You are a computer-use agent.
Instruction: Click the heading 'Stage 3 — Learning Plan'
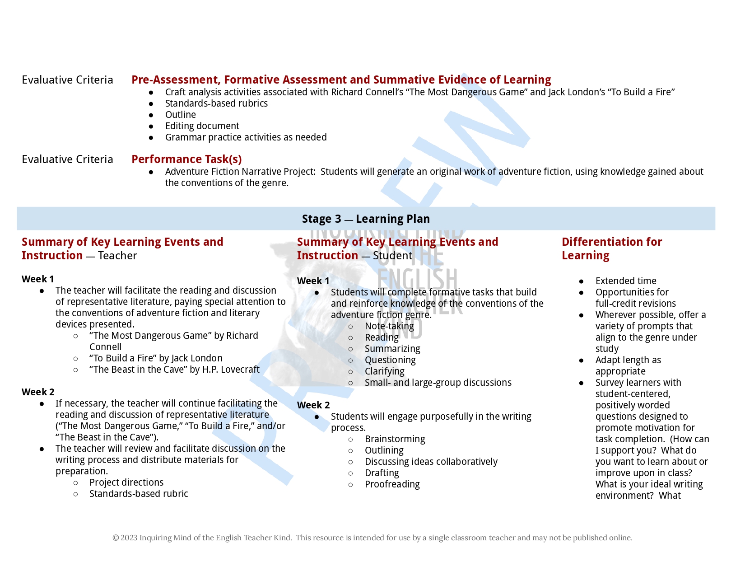point(366,219)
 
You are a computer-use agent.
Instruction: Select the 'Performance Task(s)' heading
point(186,159)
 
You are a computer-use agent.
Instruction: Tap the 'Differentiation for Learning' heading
point(612,248)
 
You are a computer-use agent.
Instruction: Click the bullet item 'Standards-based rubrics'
point(216,103)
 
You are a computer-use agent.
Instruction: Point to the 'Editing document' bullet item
point(202,126)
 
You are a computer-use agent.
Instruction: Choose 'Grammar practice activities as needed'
point(246,137)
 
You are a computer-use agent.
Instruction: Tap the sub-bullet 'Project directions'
point(126,482)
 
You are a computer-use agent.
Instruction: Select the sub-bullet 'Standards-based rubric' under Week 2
point(139,494)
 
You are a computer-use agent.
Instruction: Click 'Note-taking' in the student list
point(389,326)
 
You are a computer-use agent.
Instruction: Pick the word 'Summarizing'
point(392,349)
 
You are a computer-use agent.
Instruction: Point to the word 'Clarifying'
point(384,371)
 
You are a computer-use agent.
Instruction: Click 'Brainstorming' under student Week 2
point(395,439)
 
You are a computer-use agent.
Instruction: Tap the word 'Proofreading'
point(392,484)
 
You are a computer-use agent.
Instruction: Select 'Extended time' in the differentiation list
point(626,281)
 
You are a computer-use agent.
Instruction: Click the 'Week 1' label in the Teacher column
point(38,279)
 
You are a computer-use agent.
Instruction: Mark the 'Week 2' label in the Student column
point(313,405)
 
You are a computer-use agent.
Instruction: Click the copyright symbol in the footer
point(116,538)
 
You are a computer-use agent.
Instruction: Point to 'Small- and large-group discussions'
point(438,383)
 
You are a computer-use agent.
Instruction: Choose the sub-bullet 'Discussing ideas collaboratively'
point(431,462)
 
